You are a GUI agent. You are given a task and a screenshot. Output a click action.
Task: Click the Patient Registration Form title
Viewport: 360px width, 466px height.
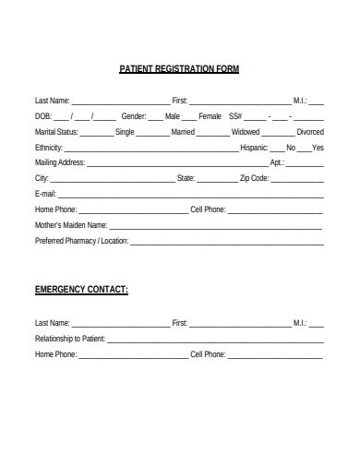click(x=180, y=69)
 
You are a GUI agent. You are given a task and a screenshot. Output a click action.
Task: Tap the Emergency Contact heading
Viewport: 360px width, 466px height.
click(x=81, y=290)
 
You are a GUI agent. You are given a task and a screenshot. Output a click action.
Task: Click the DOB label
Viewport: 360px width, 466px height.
click(x=43, y=116)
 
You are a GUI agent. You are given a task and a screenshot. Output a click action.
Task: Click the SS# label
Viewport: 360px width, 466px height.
click(x=235, y=116)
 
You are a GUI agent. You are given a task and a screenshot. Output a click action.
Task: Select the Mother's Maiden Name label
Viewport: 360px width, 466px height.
click(x=71, y=224)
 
